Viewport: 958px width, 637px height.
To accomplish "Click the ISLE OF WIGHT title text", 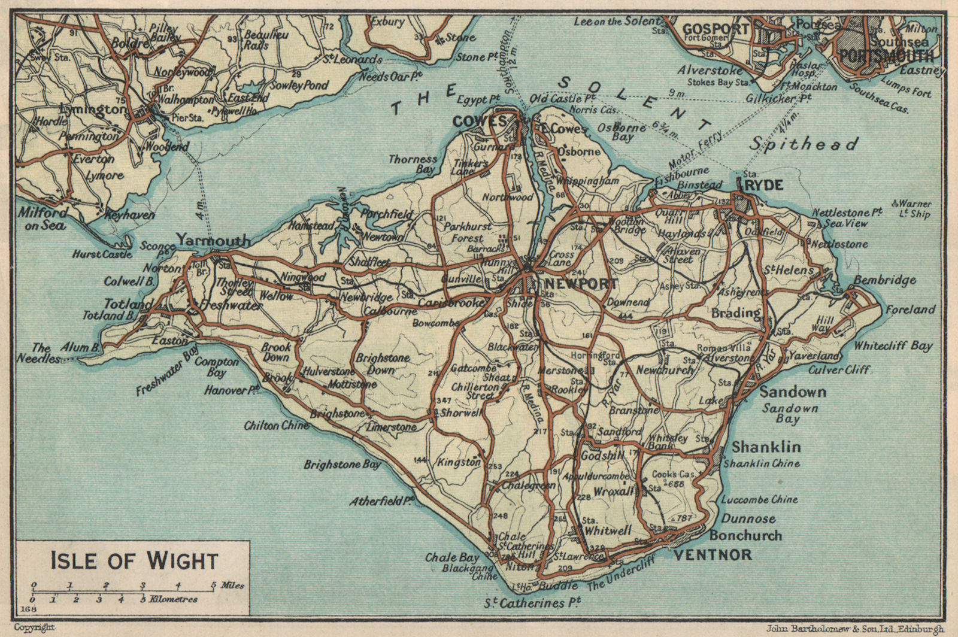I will (134, 561).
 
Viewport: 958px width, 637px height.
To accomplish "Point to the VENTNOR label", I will (712, 554).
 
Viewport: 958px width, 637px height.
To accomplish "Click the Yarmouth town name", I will (213, 241).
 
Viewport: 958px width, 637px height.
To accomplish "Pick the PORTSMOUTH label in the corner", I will (886, 56).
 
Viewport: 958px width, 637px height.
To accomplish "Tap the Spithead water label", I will (804, 144).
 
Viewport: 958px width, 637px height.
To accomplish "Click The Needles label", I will (45, 353).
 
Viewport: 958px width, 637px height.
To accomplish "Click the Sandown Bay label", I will (790, 413).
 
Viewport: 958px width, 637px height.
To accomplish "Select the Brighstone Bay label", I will (341, 464).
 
